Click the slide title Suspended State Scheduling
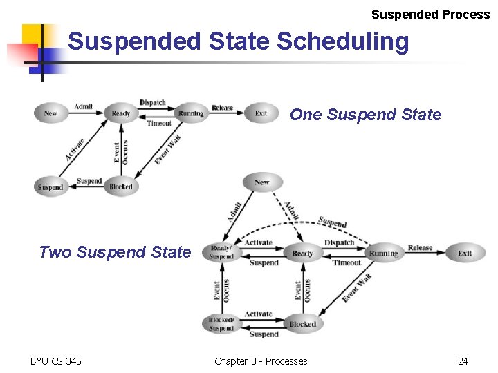pyautogui.click(x=239, y=42)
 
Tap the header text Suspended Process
pyautogui.click(x=430, y=15)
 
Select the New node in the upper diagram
pyautogui.click(x=50, y=113)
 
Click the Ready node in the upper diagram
pyautogui.click(x=120, y=113)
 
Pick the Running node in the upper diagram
pyautogui.click(x=190, y=113)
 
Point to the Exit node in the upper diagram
pyautogui.click(x=261, y=113)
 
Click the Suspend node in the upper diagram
pyautogui.click(x=50, y=186)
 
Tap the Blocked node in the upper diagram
pyautogui.click(x=120, y=186)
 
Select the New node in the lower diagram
pyautogui.click(x=262, y=182)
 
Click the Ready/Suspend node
pyautogui.click(x=221, y=253)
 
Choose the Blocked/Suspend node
pyautogui.click(x=221, y=324)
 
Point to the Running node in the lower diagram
pyautogui.click(x=383, y=253)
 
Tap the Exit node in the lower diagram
pyautogui.click(x=465, y=253)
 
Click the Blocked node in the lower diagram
pyautogui.click(x=302, y=324)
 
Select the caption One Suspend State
pyautogui.click(x=365, y=115)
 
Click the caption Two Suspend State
pyautogui.click(x=114, y=252)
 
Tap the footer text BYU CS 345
pyautogui.click(x=56, y=361)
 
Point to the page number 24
pyautogui.click(x=463, y=361)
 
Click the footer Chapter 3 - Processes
pyautogui.click(x=261, y=361)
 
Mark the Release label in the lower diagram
pyautogui.click(x=420, y=247)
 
